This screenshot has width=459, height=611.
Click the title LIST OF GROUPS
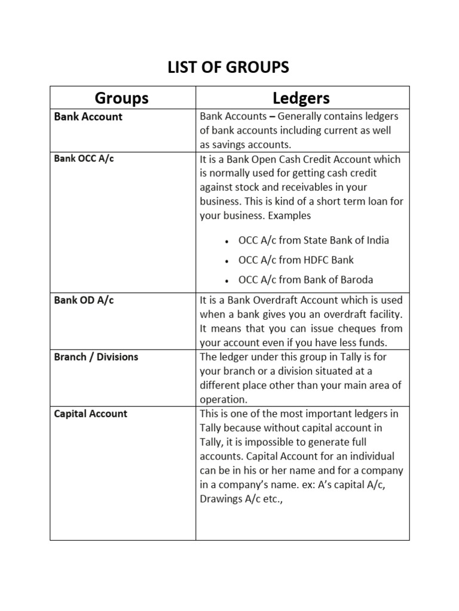click(x=229, y=68)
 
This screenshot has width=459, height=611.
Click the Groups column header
click(x=122, y=98)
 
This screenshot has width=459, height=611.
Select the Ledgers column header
click(x=301, y=98)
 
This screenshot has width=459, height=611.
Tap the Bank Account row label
click(x=88, y=117)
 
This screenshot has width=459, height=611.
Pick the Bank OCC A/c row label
click(x=84, y=159)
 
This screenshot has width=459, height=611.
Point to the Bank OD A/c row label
click(x=84, y=300)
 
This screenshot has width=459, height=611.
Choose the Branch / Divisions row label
click(x=96, y=357)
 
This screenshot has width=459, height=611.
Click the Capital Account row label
click(x=91, y=413)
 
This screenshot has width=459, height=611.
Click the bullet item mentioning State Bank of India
click(x=313, y=240)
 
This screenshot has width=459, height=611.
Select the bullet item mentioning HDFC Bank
click(x=296, y=260)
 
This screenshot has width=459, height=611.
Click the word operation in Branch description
click(x=223, y=400)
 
